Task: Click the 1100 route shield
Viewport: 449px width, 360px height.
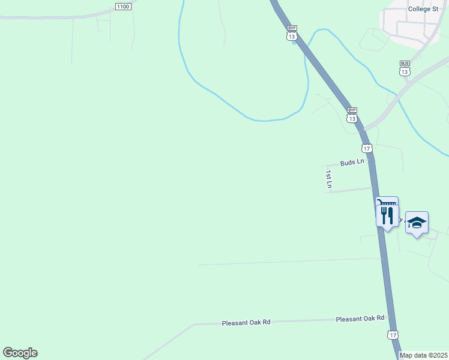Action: (x=122, y=6)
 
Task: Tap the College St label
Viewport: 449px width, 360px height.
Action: (x=424, y=9)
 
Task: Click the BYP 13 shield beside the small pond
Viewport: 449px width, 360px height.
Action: (x=292, y=32)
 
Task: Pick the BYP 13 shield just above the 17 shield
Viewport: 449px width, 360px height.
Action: (x=352, y=114)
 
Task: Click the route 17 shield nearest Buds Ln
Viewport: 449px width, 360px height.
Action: (x=367, y=148)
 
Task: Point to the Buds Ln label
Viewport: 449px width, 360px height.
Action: (x=352, y=163)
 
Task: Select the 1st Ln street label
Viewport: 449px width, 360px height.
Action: (x=329, y=179)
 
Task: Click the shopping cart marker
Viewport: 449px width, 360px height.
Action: (x=387, y=205)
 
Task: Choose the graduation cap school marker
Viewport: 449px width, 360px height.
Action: (x=417, y=223)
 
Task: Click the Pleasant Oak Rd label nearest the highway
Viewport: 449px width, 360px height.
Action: (x=360, y=319)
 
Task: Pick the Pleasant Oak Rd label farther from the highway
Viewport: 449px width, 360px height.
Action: (x=246, y=322)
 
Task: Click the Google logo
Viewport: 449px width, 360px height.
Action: (x=20, y=353)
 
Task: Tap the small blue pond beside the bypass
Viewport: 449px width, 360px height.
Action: (x=294, y=43)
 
